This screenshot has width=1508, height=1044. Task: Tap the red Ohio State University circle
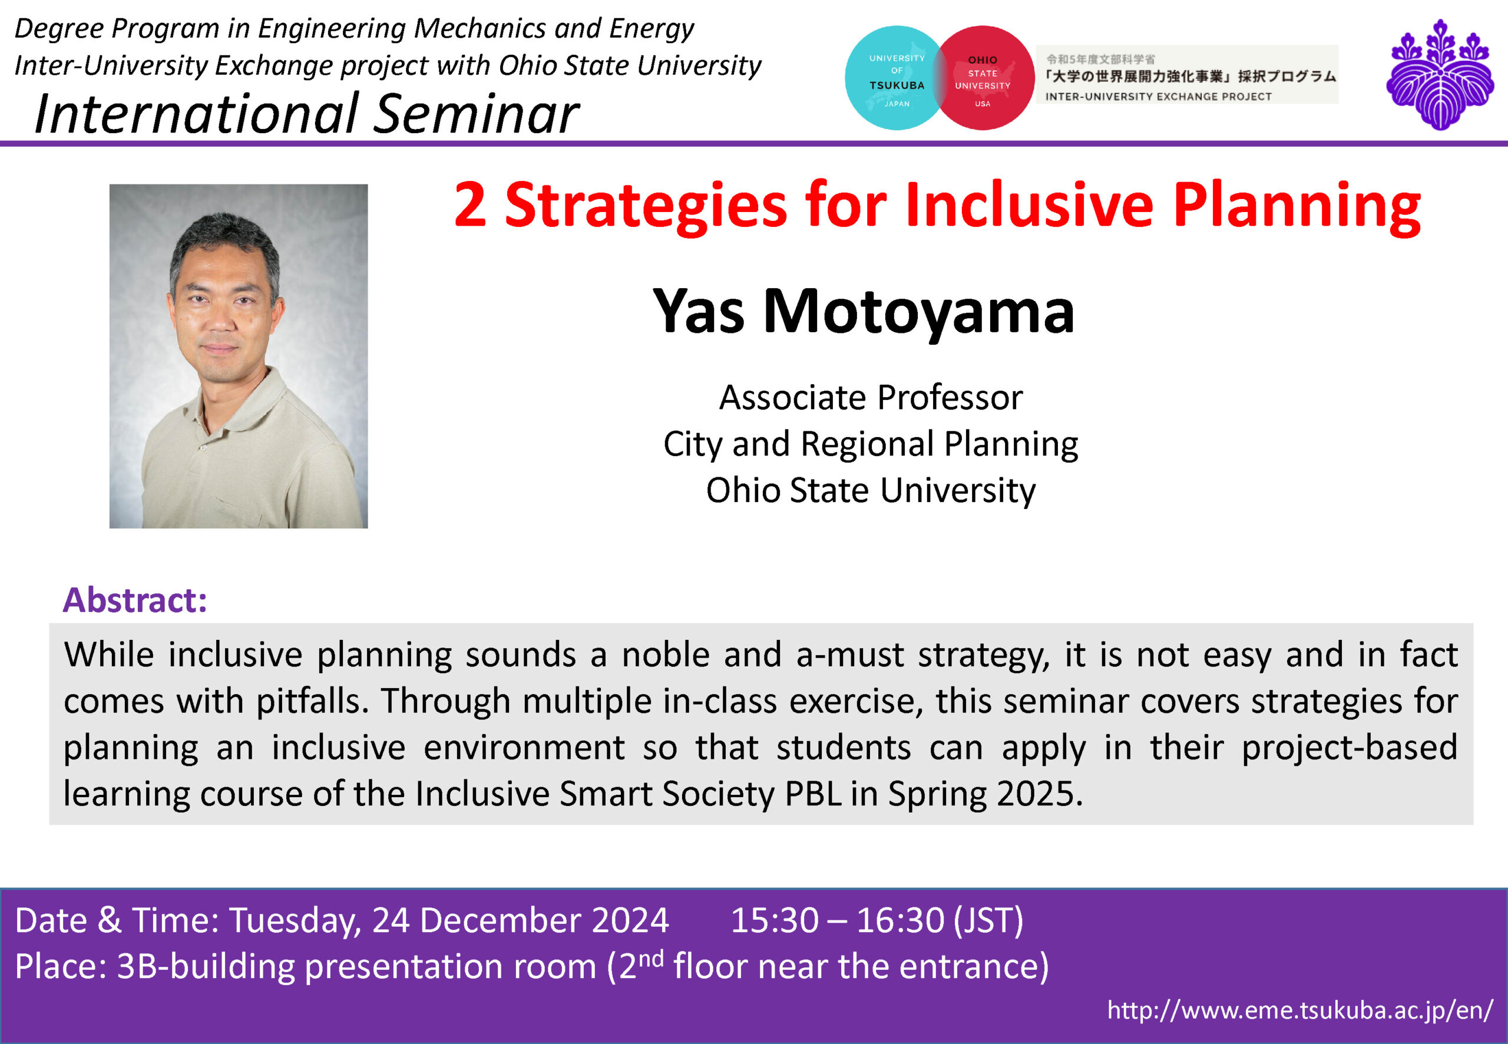pos(984,78)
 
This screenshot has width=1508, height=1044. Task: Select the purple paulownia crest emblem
pos(1440,74)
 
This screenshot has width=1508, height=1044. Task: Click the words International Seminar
pos(306,113)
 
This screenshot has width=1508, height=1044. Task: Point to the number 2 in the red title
pos(470,205)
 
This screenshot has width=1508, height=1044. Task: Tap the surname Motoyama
pos(919,313)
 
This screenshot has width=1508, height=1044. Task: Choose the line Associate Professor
pos(871,398)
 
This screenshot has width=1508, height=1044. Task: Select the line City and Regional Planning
pos(871,445)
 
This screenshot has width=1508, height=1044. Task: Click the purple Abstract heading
pos(135,600)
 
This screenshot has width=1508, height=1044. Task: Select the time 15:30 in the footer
pos(774,920)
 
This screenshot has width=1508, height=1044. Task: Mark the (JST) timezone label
pos(988,921)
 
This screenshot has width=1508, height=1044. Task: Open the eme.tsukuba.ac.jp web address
pos(1300,1010)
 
